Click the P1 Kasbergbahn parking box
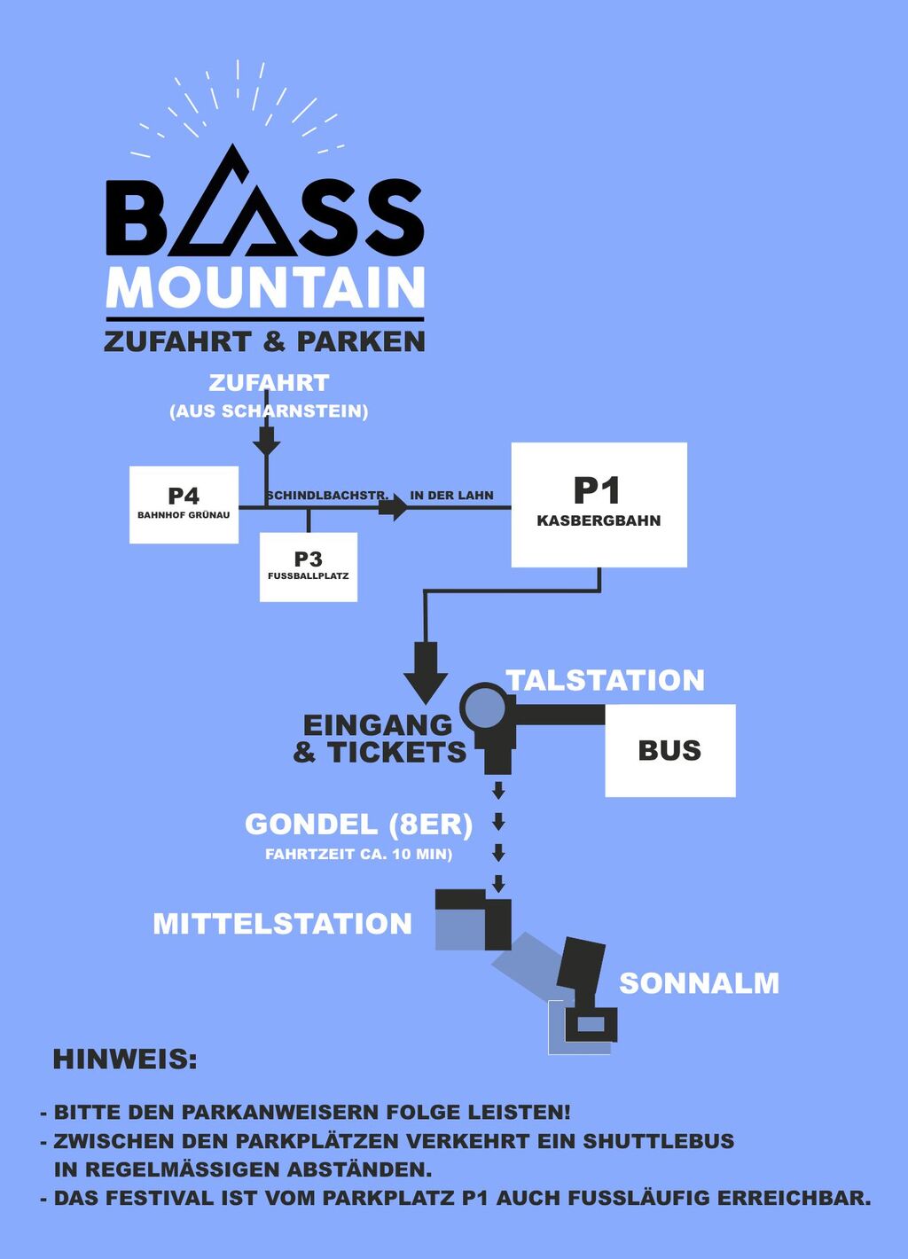pos(599,504)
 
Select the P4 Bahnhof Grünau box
pos(184,504)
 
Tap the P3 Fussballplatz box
pos(308,567)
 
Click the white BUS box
pos(669,750)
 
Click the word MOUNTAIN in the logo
pos(265,288)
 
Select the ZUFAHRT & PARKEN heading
pos(264,341)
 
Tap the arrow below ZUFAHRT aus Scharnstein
pos(266,439)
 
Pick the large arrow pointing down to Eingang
pos(426,674)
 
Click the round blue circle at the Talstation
pos(485,708)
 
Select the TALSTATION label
pos(606,680)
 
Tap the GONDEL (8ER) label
pos(358,825)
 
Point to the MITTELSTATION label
pos(282,924)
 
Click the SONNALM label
pos(699,983)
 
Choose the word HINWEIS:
pos(125,1060)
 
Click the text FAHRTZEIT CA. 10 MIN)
pos(358,855)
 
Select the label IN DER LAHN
pos(451,496)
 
